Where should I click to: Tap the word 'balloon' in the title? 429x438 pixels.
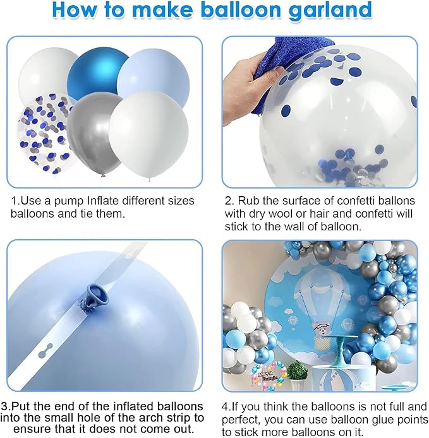[x=241, y=9]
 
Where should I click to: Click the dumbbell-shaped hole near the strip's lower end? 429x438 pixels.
[x=45, y=351]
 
